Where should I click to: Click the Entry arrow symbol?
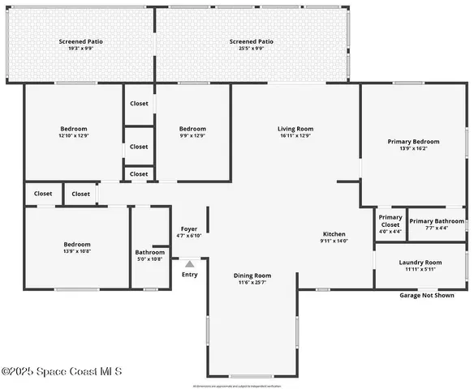[x=189, y=263]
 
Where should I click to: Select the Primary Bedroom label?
[x=413, y=142]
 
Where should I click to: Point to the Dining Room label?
[x=252, y=276]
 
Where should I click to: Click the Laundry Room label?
[x=420, y=263]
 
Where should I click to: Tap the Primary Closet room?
[x=390, y=224]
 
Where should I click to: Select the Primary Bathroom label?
[x=437, y=221]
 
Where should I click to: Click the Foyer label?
[x=188, y=229]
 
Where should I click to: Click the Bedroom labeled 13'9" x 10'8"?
[x=77, y=248]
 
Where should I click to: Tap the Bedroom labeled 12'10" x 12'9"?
[x=74, y=132]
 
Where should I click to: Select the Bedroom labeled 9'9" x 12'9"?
[x=192, y=132]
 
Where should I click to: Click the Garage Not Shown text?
[x=427, y=295]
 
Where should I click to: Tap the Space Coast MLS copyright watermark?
[x=62, y=372]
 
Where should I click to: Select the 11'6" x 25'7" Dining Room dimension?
[x=252, y=282]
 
